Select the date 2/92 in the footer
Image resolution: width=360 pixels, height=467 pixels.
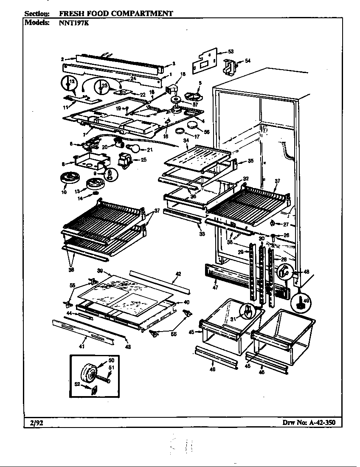[x=36, y=422]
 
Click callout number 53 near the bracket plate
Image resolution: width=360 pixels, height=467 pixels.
[x=231, y=51]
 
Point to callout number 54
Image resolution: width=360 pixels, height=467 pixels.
[x=247, y=61]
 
